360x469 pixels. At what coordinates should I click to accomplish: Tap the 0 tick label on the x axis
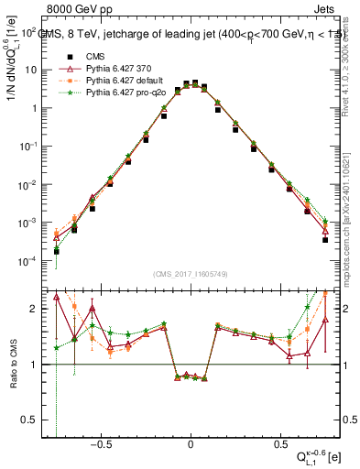click(x=191, y=444)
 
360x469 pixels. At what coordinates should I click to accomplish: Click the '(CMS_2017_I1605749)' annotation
click(x=191, y=276)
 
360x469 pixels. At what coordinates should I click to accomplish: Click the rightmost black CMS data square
click(x=325, y=240)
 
